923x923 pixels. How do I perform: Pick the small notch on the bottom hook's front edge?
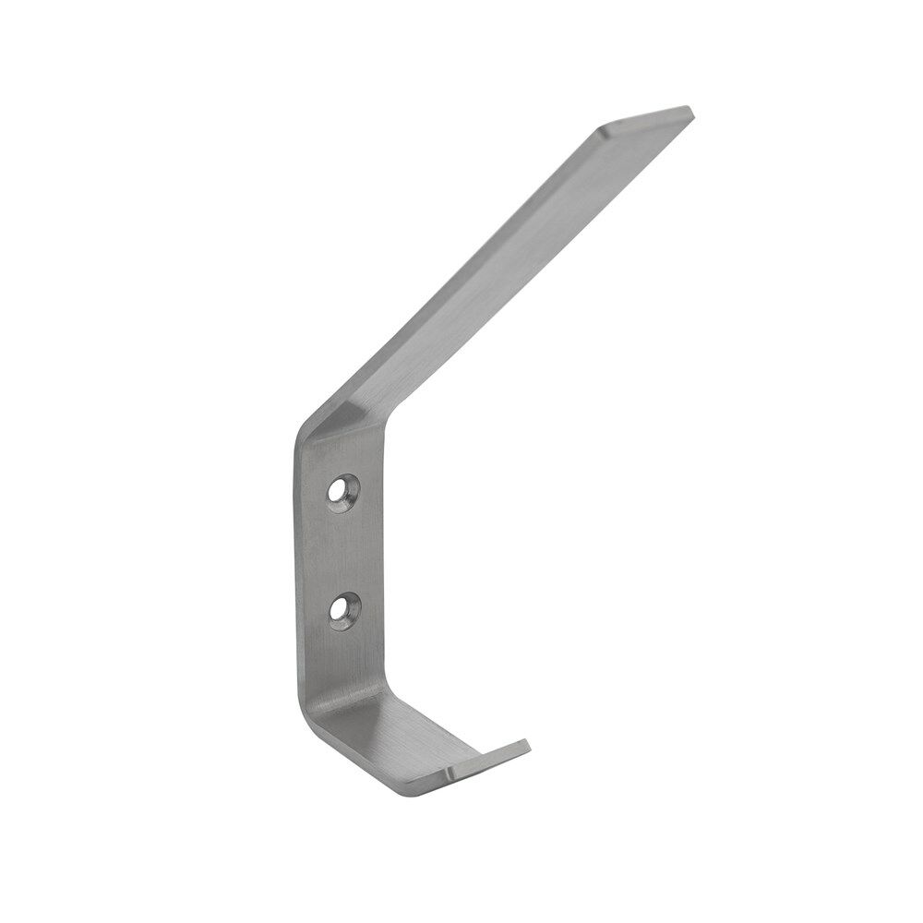point(450,771)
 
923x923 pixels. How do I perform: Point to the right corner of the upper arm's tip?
point(689,111)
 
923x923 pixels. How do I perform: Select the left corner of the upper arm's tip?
point(601,128)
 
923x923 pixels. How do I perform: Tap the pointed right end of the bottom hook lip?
point(527,744)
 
